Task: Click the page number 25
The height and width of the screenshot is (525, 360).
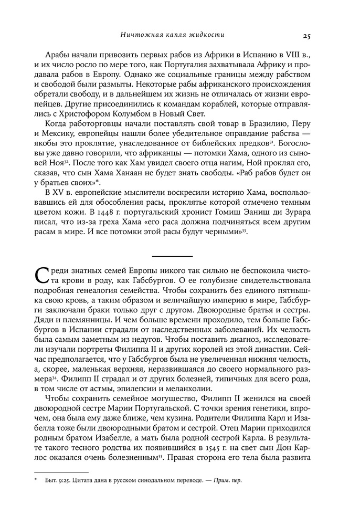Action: [x=307, y=36]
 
